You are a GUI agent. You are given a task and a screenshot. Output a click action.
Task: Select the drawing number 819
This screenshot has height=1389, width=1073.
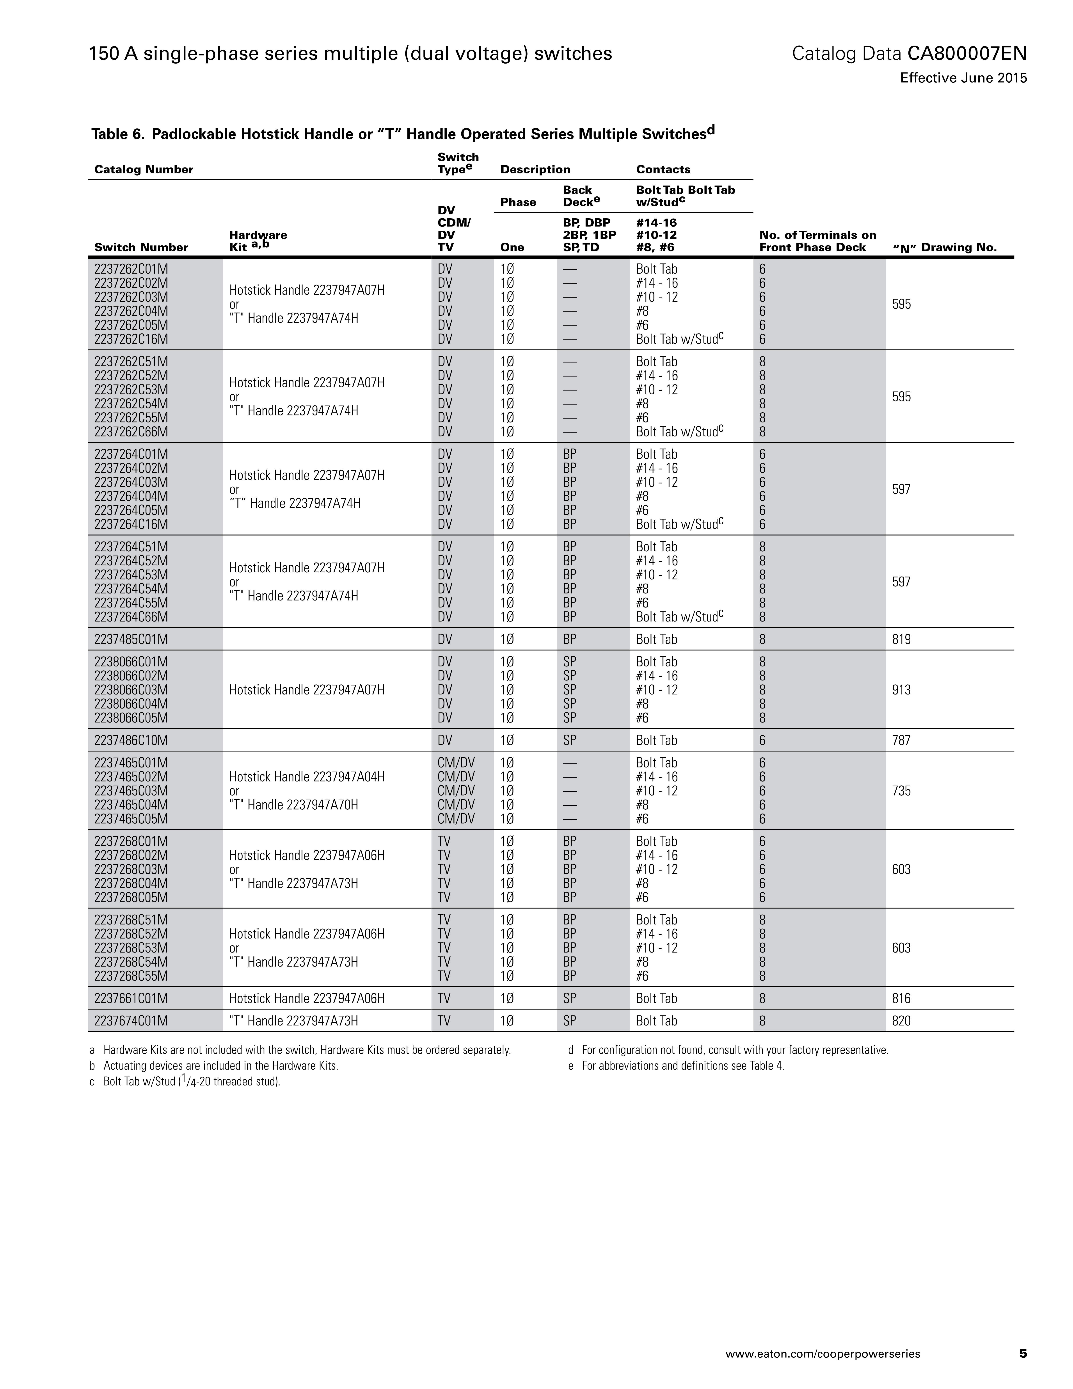[x=901, y=639]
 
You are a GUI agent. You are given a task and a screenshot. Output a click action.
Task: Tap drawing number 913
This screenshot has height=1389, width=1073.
[x=901, y=689]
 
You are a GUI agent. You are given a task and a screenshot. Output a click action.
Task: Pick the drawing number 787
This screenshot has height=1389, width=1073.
[x=901, y=740]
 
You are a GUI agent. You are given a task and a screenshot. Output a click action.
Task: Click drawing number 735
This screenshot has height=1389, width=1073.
[x=901, y=791]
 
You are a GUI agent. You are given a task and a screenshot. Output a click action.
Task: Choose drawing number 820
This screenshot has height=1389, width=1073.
[x=901, y=1021]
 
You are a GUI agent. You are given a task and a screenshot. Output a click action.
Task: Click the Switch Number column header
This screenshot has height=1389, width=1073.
[x=141, y=248]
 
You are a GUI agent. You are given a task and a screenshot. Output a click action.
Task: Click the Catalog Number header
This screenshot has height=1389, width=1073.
[x=144, y=169]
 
